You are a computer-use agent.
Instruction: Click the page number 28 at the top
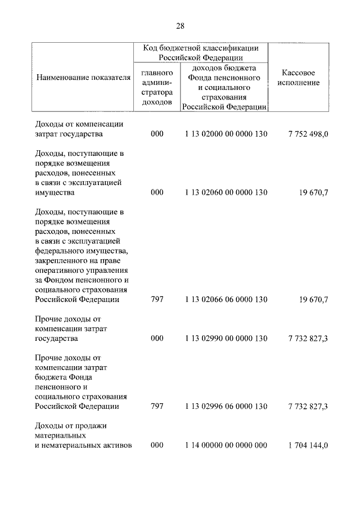pyautogui.click(x=180, y=25)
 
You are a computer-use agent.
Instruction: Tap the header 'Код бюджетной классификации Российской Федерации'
pyautogui.click(x=200, y=52)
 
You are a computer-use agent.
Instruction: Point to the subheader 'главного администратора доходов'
pyautogui.click(x=156, y=87)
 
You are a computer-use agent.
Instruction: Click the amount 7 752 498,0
pyautogui.click(x=308, y=134)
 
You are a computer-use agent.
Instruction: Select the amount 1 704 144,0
pyautogui.click(x=308, y=445)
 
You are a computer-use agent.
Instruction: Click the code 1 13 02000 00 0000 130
pyautogui.click(x=226, y=134)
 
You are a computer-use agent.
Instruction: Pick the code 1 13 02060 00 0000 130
pyautogui.click(x=226, y=192)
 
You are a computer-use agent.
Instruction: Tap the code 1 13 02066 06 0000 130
pyautogui.click(x=226, y=300)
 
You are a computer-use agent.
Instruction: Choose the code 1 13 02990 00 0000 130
pyautogui.click(x=226, y=339)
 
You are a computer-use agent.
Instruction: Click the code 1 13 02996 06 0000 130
pyautogui.click(x=226, y=406)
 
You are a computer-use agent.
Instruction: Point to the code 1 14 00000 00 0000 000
pyautogui.click(x=226, y=445)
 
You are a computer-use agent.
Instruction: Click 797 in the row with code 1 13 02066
pyautogui.click(x=157, y=300)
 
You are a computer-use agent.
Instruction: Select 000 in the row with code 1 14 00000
pyautogui.click(x=157, y=445)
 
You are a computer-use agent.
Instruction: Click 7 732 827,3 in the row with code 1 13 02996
pyautogui.click(x=308, y=406)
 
